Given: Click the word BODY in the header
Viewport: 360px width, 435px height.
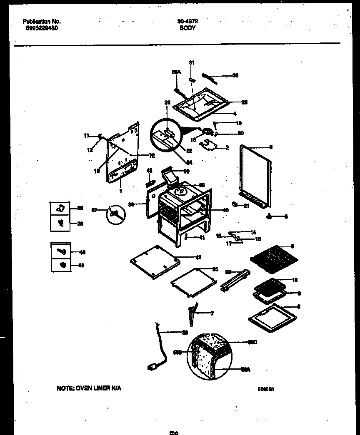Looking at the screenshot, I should coord(188,28).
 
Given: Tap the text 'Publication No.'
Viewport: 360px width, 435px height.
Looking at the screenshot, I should coord(41,22).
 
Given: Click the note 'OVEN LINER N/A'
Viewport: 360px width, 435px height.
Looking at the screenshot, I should coord(89,388).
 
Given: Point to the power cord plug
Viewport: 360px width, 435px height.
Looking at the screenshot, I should coord(153,367).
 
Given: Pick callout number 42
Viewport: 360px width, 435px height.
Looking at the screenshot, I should coord(198,257).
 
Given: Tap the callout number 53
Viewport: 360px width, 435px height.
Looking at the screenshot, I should coord(228,272).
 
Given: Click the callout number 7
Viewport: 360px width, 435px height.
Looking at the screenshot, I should coord(212,313).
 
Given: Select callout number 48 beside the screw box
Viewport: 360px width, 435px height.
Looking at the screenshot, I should coord(82,252).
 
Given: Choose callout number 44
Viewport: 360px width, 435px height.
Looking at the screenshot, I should coord(81,265).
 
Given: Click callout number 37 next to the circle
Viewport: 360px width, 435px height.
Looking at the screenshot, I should coord(94,211).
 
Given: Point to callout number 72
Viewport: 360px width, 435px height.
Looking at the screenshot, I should coord(151,155).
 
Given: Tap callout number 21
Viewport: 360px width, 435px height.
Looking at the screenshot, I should coord(246,206).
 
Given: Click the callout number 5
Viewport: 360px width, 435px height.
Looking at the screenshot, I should coord(286,216).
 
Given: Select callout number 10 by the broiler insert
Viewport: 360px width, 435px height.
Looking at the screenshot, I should coord(295,280).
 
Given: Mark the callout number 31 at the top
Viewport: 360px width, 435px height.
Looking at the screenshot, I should coord(192,62).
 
